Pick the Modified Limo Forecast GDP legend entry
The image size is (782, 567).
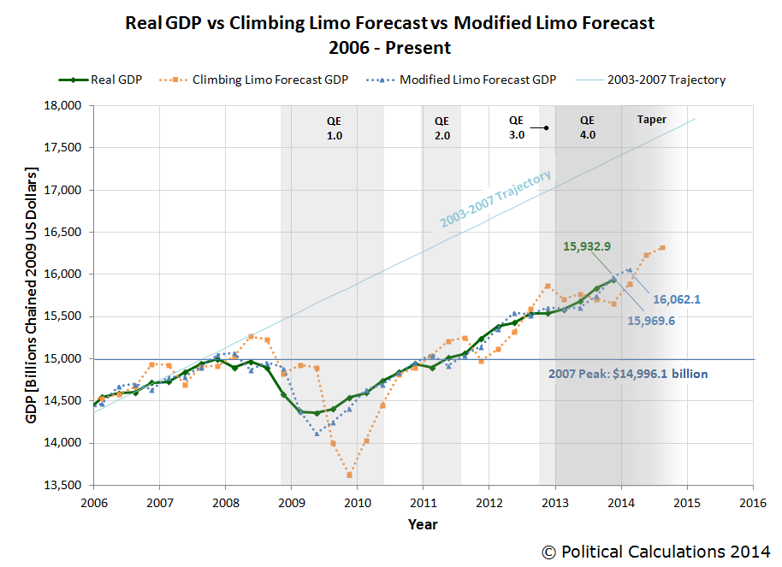466,80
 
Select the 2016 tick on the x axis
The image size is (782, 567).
752,502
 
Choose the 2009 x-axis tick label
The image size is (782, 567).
291,502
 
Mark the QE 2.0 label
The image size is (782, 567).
441,127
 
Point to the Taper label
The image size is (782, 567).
652,120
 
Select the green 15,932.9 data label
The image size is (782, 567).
587,246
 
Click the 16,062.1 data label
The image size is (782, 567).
677,300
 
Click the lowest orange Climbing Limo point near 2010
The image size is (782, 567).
349,475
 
